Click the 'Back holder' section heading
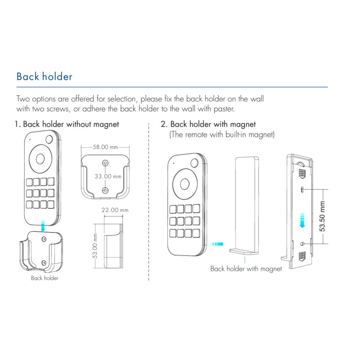point(44,76)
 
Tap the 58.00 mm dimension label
point(105,147)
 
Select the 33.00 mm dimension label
point(108,176)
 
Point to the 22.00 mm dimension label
point(114,210)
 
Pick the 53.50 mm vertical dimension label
point(322,216)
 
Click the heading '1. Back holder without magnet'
point(67,124)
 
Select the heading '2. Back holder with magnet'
point(208,124)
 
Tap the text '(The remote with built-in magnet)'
point(221,135)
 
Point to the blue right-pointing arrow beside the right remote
point(217,243)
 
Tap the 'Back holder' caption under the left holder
point(45,278)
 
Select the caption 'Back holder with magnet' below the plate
point(246,269)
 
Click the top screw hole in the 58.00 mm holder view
point(105,163)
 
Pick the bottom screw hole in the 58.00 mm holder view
point(105,190)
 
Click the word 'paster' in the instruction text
point(223,109)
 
